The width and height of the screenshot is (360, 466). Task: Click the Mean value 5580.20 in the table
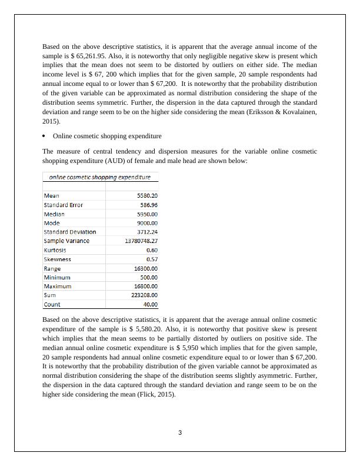click(x=147, y=195)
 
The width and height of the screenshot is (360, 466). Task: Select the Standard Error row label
click(x=63, y=205)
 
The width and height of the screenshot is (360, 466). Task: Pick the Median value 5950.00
click(x=147, y=214)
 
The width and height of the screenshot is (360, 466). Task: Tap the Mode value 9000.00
click(x=147, y=223)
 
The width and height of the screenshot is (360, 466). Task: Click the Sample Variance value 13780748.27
click(x=141, y=241)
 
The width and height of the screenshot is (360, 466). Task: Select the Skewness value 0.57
click(x=152, y=259)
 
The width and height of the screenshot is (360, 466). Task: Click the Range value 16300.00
click(x=146, y=268)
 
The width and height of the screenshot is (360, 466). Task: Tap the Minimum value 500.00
click(x=148, y=277)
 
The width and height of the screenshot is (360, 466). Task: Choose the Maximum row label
click(x=58, y=286)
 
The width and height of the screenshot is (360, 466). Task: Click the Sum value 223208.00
click(x=145, y=295)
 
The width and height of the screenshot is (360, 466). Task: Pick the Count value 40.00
click(x=151, y=304)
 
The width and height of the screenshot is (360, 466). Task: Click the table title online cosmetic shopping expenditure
click(x=99, y=177)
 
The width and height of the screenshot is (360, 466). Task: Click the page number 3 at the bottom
click(x=180, y=434)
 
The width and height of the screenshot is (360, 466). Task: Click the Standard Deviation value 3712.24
click(x=147, y=232)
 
